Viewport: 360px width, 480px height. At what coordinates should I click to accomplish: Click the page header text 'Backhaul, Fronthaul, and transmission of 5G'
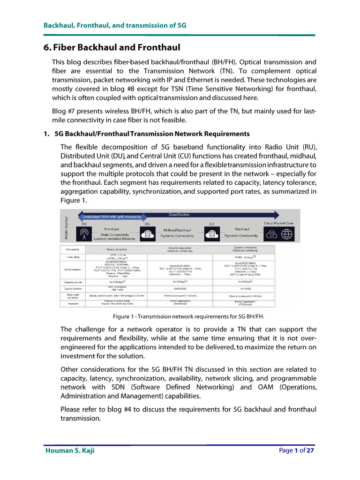(115, 25)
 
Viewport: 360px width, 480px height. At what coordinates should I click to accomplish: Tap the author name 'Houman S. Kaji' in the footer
(73, 450)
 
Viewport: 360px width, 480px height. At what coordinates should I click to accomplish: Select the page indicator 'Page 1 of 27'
(296, 450)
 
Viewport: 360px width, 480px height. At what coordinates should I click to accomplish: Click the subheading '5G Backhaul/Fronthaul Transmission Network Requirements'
(152, 134)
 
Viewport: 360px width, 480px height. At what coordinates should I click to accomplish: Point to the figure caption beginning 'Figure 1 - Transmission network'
(188, 316)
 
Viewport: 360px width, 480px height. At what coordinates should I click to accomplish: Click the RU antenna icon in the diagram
(83, 235)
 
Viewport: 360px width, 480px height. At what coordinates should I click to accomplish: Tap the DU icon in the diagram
(148, 234)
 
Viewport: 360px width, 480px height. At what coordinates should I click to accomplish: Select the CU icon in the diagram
(211, 234)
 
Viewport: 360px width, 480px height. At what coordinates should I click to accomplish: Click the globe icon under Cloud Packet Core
(287, 234)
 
